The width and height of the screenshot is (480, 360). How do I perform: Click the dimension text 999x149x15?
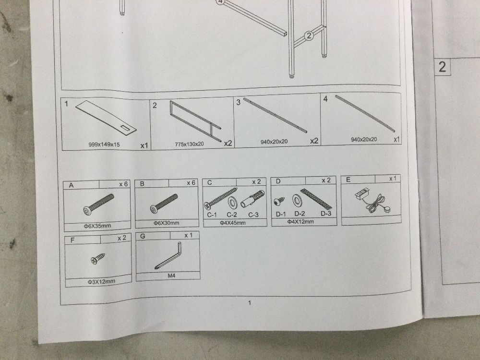[104, 144]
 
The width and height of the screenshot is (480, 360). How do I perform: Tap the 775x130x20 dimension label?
[189, 144]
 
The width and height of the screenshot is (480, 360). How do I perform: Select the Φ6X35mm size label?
[97, 226]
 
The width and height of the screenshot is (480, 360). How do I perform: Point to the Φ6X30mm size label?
[166, 223]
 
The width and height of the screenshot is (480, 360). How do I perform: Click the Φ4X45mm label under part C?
[233, 223]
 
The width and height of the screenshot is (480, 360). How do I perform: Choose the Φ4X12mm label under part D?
[300, 221]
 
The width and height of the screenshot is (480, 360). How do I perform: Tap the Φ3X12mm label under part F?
[101, 281]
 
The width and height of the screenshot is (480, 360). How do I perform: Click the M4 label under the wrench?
[171, 276]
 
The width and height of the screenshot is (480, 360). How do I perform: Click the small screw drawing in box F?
[97, 259]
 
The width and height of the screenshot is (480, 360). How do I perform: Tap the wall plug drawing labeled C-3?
[252, 199]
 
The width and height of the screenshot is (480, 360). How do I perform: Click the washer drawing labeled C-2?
[232, 203]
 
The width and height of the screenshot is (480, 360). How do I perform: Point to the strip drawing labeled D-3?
[316, 198]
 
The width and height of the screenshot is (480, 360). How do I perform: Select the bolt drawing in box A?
[98, 204]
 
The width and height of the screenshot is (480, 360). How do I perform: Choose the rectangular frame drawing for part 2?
[195, 121]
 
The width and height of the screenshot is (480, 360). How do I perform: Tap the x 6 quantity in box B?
[191, 183]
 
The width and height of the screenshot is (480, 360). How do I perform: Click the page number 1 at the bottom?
[250, 303]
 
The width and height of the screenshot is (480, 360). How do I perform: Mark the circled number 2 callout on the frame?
[309, 36]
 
